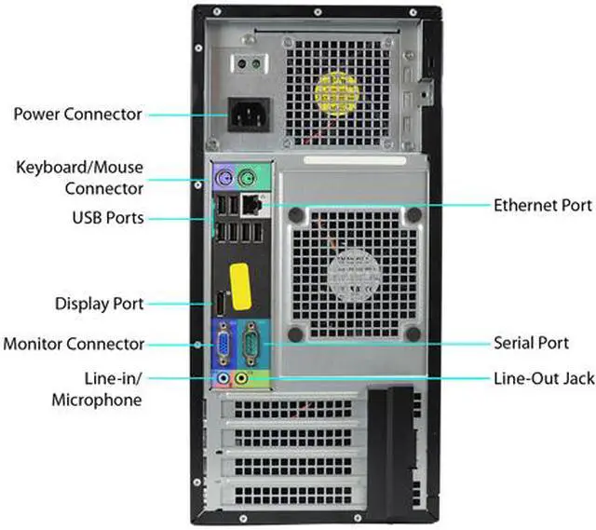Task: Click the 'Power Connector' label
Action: point(77,115)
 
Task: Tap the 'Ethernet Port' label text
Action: point(543,205)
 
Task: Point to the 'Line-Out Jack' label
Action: point(543,379)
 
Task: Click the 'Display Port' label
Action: point(100,304)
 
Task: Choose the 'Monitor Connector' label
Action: point(74,343)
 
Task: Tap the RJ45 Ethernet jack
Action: point(251,204)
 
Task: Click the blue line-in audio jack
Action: point(223,378)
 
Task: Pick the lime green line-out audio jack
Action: point(243,378)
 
